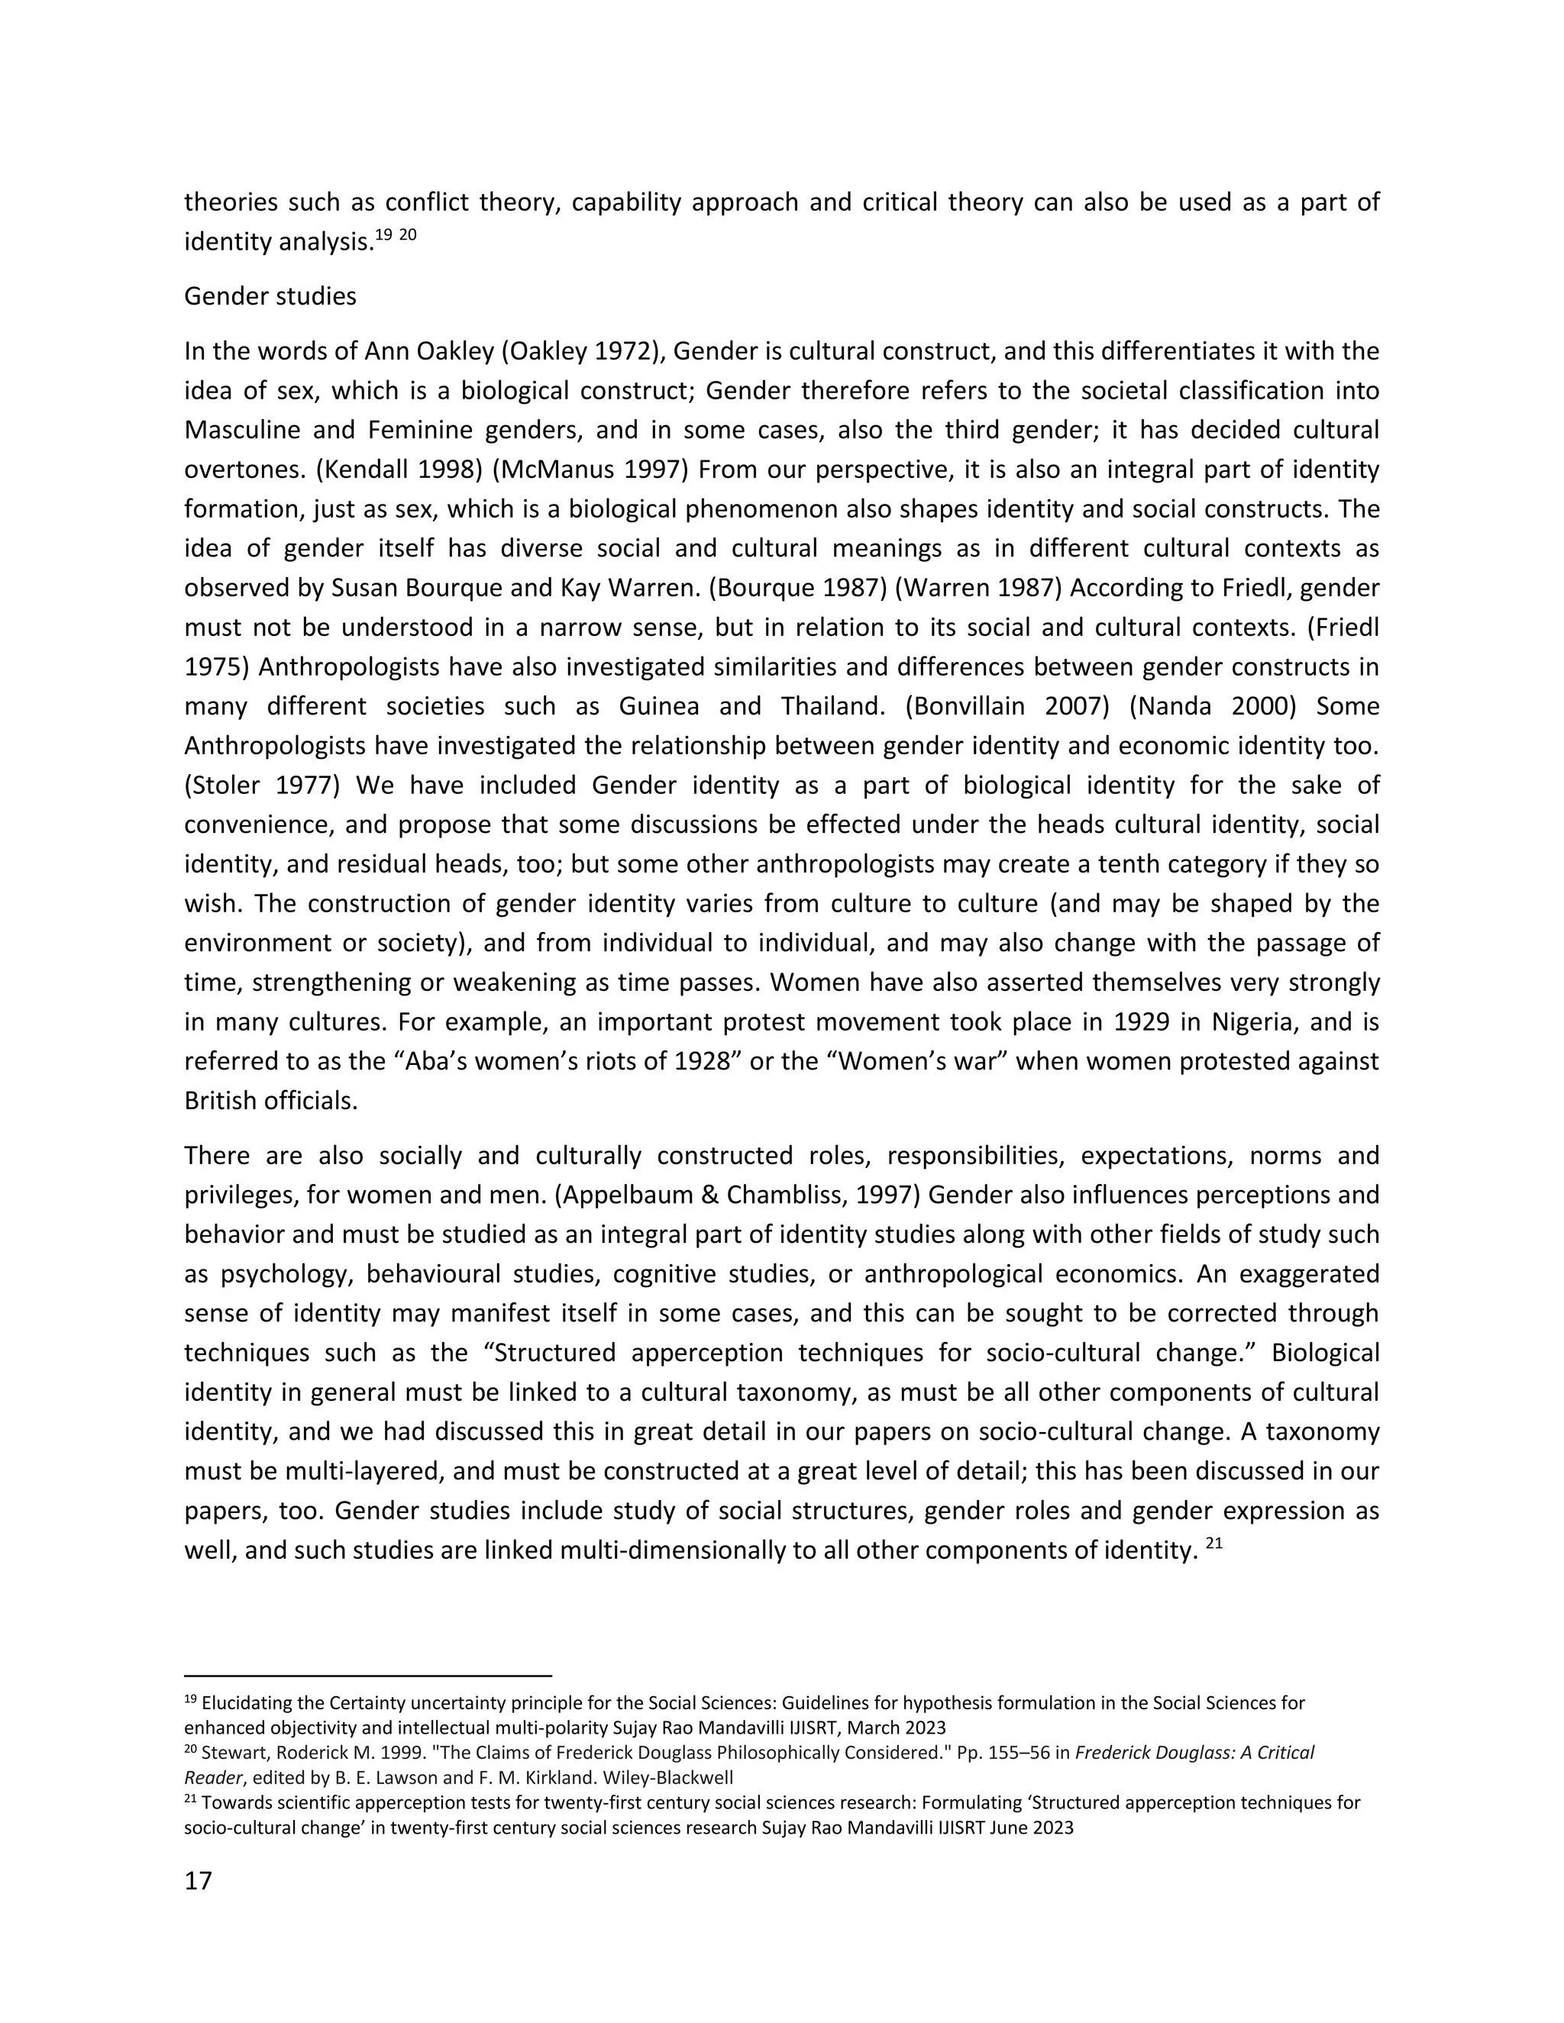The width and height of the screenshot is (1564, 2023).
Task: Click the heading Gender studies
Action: (x=270, y=296)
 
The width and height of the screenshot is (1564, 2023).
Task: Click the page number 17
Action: (x=199, y=1880)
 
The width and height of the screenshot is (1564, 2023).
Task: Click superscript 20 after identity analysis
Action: (x=408, y=235)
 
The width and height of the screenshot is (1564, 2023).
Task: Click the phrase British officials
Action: (x=270, y=1102)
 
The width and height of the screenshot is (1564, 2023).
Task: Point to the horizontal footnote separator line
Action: (x=368, y=1676)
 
